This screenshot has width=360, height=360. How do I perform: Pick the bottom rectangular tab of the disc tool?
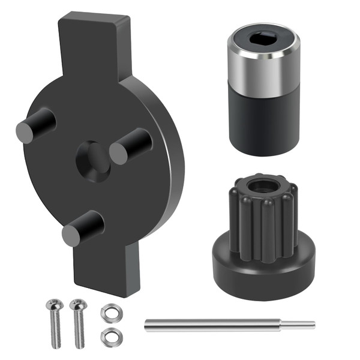(x=108, y=270)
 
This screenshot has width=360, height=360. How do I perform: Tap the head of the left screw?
(x=53, y=305)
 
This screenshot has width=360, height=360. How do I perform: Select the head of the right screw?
(x=77, y=305)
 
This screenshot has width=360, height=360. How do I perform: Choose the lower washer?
(x=109, y=337)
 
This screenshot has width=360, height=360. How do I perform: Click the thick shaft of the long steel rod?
(x=216, y=325)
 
